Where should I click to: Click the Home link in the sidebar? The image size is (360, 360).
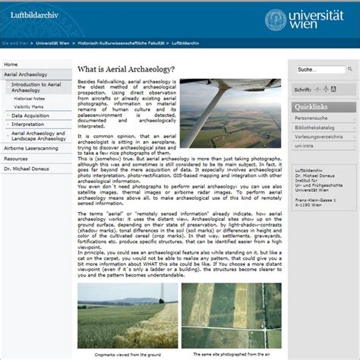(x=11, y=65)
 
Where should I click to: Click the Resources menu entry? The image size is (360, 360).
(x=16, y=158)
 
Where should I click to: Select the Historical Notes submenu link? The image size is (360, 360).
(x=30, y=99)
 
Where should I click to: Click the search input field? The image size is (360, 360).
(x=316, y=70)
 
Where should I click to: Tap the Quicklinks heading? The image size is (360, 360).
(x=311, y=107)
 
